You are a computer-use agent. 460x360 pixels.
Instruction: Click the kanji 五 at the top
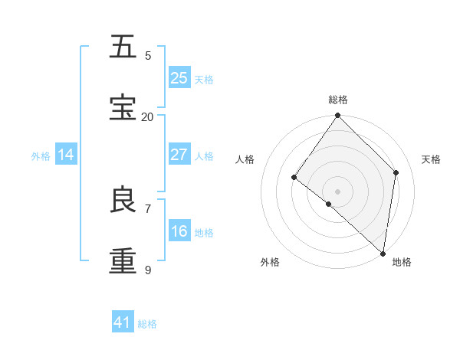tap(123, 47)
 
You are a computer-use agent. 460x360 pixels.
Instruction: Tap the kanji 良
tap(123, 200)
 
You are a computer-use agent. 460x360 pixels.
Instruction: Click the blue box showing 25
tap(179, 77)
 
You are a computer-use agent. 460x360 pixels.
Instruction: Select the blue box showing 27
tap(179, 154)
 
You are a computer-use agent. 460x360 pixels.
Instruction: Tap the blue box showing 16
tap(179, 231)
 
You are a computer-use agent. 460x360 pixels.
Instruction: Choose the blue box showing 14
tap(66, 155)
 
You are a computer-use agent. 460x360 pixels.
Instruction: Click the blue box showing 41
tap(123, 322)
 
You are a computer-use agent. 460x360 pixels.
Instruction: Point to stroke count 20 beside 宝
tap(147, 116)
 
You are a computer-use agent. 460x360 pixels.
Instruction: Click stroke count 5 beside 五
tap(148, 55)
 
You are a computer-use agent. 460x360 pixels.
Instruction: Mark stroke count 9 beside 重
tap(148, 270)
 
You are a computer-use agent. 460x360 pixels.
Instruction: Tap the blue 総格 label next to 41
tap(147, 324)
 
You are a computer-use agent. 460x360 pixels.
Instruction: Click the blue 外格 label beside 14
tap(41, 155)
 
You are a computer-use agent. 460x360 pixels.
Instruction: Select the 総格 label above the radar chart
tap(338, 100)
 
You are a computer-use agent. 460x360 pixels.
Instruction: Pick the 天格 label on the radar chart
tap(431, 159)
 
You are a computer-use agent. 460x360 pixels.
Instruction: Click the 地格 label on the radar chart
tap(402, 262)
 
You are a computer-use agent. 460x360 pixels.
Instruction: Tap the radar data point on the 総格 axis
tap(338, 116)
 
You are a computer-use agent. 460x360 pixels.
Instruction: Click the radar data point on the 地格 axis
tap(383, 253)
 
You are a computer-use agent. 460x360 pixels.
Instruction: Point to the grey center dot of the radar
tap(338, 191)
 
